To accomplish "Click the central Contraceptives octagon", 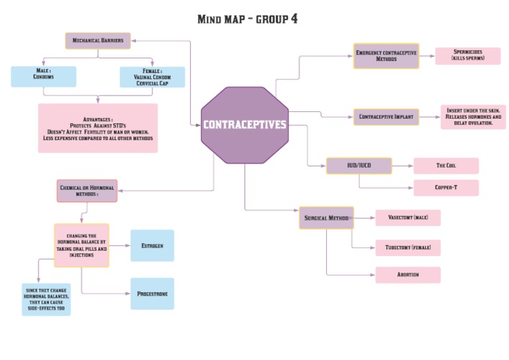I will point(245,125).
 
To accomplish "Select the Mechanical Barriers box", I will point(98,40).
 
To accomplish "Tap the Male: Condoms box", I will point(44,77).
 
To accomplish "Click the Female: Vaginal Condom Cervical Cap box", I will point(152,77).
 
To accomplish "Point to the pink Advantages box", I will point(98,128).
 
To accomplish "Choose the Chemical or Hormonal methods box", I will point(87,191).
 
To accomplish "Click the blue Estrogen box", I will point(152,245).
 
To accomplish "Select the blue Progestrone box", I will point(152,293).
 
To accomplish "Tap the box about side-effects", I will point(46,299).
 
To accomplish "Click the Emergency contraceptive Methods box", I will point(386,56).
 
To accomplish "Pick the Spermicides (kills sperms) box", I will point(467,56).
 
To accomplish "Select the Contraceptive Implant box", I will point(386,117).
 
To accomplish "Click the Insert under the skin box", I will point(473,117).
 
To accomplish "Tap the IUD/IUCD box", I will point(359,166).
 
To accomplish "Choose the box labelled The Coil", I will point(445,166).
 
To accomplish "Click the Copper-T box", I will point(445,188).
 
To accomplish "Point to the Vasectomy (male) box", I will point(408,217).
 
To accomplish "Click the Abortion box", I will point(408,274).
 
